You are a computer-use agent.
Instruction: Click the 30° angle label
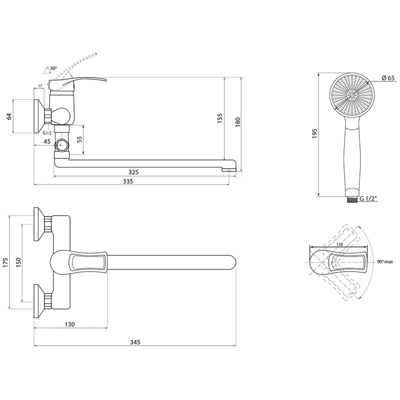(53, 68)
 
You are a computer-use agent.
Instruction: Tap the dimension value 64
(9, 116)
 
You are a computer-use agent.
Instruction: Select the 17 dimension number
(40, 86)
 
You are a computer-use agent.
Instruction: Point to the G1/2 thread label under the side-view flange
(47, 133)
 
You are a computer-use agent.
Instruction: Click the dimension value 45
(47, 141)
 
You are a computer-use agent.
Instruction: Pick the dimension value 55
(79, 139)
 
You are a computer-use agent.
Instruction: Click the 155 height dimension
(220, 118)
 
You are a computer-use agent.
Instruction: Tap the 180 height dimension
(238, 122)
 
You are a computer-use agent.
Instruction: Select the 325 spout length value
(133, 172)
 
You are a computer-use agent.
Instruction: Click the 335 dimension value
(128, 181)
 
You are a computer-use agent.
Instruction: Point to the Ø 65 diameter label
(388, 78)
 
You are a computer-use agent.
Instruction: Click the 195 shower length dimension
(314, 133)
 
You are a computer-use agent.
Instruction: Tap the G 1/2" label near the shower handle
(368, 198)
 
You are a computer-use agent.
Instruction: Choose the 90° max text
(385, 262)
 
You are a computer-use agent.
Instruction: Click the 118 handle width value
(339, 244)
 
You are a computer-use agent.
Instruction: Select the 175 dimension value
(6, 263)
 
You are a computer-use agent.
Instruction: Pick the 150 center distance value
(18, 262)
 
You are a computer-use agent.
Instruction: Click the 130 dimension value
(69, 324)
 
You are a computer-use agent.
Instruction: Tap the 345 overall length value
(135, 342)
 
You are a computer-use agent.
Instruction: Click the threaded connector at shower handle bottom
(352, 199)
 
